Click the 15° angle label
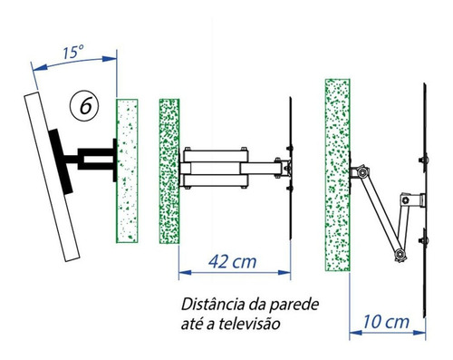tap(73, 52)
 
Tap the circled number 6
tap(84, 106)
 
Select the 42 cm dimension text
tap(233, 262)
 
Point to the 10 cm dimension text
tap(386, 322)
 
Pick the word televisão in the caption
tap(249, 324)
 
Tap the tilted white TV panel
tap(52, 177)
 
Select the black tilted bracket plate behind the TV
tap(61, 161)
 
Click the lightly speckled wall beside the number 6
tap(127, 170)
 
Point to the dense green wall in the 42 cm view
tap(169, 170)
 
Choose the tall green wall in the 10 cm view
tap(338, 175)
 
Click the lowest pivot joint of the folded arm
tap(400, 254)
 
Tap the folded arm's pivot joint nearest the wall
tap(362, 172)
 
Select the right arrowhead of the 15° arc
tap(110, 59)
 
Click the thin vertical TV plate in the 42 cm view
tap(291, 168)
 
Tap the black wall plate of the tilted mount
tap(114, 161)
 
